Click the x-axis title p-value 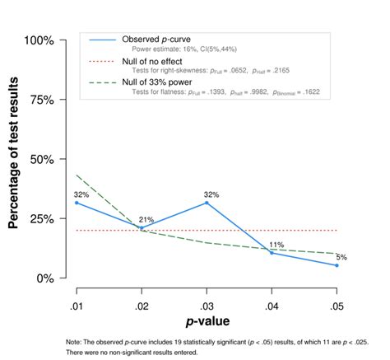[x=207, y=319]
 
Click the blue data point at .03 [x=207, y=203]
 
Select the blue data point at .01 [x=77, y=203]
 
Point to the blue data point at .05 [x=337, y=265]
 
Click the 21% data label [x=146, y=220]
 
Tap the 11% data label [x=276, y=245]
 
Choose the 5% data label [x=340, y=257]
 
